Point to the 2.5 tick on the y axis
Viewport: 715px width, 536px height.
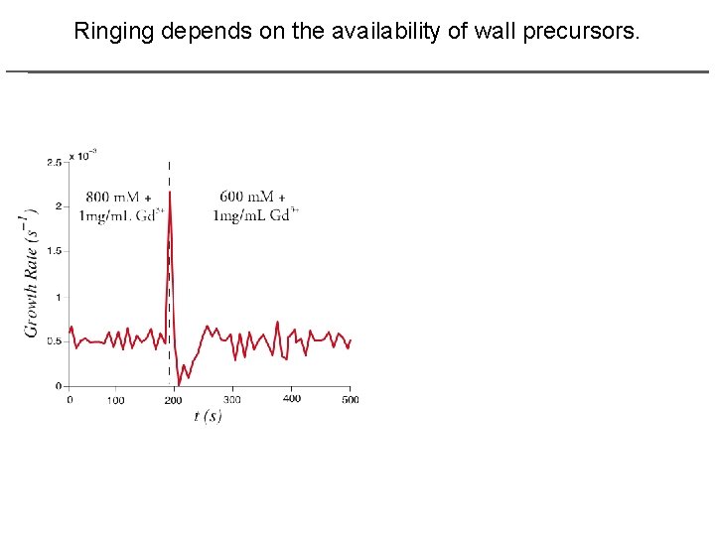pyautogui.click(x=54, y=162)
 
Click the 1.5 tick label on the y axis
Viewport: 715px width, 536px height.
pyautogui.click(x=54, y=251)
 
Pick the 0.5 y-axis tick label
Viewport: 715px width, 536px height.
pyautogui.click(x=54, y=341)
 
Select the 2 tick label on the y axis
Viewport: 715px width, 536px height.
pyautogui.click(x=58, y=206)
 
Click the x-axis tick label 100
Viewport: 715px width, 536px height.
pyautogui.click(x=115, y=400)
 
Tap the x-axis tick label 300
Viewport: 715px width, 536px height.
pyautogui.click(x=232, y=399)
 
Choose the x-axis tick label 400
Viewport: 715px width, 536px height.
pyautogui.click(x=291, y=398)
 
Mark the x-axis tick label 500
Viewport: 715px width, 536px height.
pyautogui.click(x=350, y=399)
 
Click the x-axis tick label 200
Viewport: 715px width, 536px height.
pyautogui.click(x=174, y=400)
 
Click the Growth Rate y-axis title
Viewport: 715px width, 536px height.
pyautogui.click(x=32, y=272)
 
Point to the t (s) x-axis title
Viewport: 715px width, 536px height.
pyautogui.click(x=208, y=416)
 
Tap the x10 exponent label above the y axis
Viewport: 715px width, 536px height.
pyautogui.click(x=86, y=155)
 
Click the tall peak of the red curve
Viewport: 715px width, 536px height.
pyautogui.click(x=171, y=194)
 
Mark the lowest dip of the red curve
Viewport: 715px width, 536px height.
pyautogui.click(x=179, y=384)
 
